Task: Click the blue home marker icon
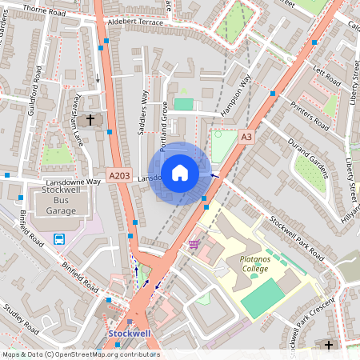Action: tap(180, 172)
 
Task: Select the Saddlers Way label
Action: tap(145, 113)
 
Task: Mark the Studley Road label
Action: tap(21, 319)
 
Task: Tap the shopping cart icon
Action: tap(194, 244)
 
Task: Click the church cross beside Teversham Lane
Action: tap(90, 120)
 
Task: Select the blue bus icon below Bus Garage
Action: tap(59, 238)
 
